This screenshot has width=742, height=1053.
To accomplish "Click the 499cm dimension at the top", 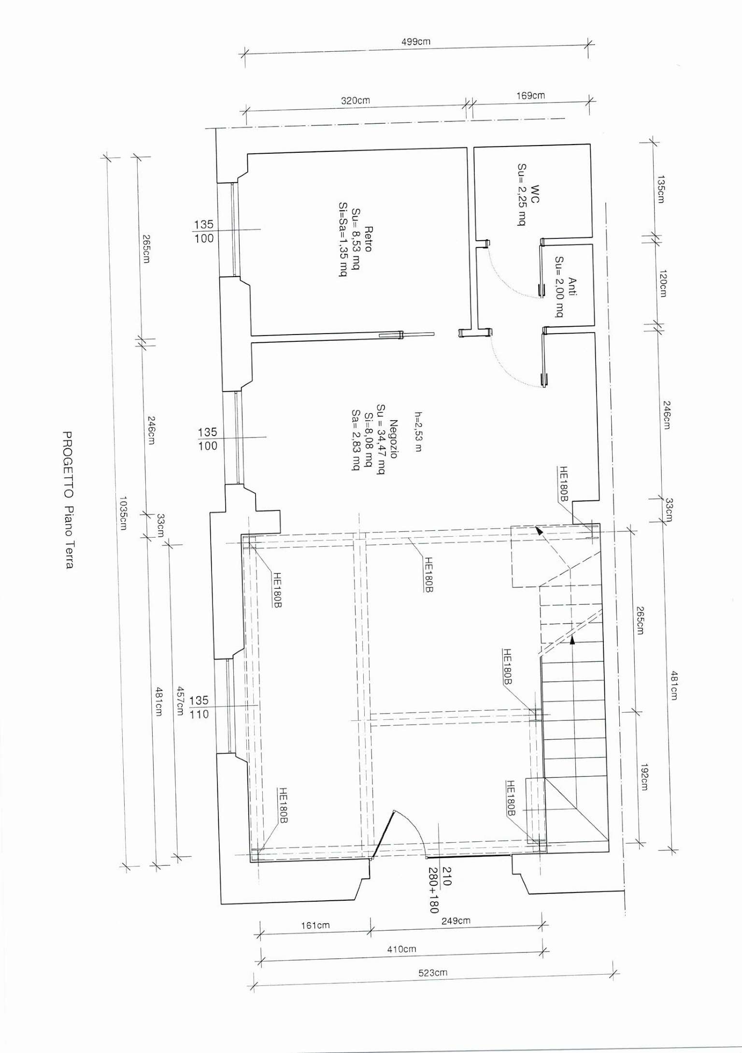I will point(415,42).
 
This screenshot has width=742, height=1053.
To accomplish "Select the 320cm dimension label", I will point(355,101).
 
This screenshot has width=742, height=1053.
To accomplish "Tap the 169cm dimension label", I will point(530,96).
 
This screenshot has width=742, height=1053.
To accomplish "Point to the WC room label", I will point(535,193).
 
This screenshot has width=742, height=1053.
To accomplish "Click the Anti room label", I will point(573,287).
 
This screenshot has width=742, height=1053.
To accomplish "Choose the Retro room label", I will point(368,239).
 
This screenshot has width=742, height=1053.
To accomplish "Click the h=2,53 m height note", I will point(418,431).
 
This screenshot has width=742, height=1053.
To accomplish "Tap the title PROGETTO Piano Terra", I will point(69,500).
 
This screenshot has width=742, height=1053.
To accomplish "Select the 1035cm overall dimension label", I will point(123,513).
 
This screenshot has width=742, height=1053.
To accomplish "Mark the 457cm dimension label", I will point(180,701).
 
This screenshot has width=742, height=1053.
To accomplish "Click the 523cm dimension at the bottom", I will point(432,973).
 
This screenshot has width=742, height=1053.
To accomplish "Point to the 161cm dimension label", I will point(315,925).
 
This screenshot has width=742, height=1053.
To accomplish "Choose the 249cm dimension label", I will point(456,921).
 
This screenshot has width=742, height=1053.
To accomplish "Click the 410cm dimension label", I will point(401,949).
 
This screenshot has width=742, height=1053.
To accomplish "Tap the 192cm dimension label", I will point(644,777).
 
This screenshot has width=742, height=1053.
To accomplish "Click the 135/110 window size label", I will point(199,707).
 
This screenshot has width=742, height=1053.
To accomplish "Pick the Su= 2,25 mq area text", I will point(522,194).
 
